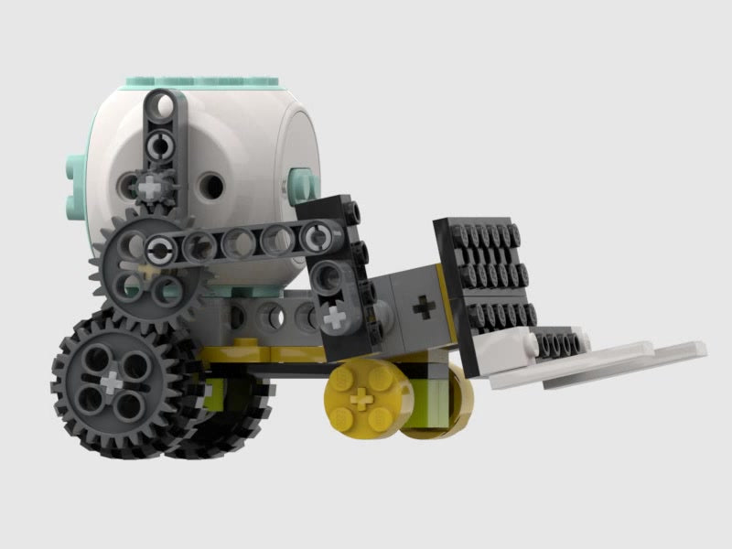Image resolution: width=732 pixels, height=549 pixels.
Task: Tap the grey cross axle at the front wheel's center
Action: [112, 378]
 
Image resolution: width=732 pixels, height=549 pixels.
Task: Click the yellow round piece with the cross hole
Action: [361, 398]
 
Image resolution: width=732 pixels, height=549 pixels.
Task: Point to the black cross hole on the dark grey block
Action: [423, 306]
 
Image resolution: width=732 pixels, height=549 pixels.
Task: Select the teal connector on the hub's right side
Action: [301, 182]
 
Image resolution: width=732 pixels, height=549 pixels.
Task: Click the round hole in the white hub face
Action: [211, 187]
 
